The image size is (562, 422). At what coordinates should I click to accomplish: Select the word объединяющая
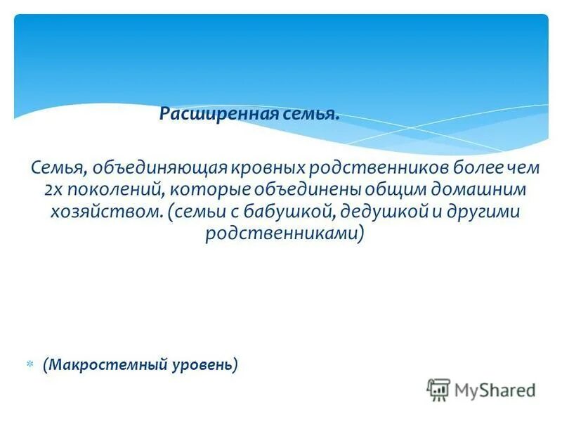tap(150, 168)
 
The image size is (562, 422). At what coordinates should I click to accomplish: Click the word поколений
tap(112, 190)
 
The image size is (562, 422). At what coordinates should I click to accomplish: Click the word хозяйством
tap(105, 212)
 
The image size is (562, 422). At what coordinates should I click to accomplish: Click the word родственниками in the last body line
tap(282, 234)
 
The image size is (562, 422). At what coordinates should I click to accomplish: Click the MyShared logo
tap(481, 389)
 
